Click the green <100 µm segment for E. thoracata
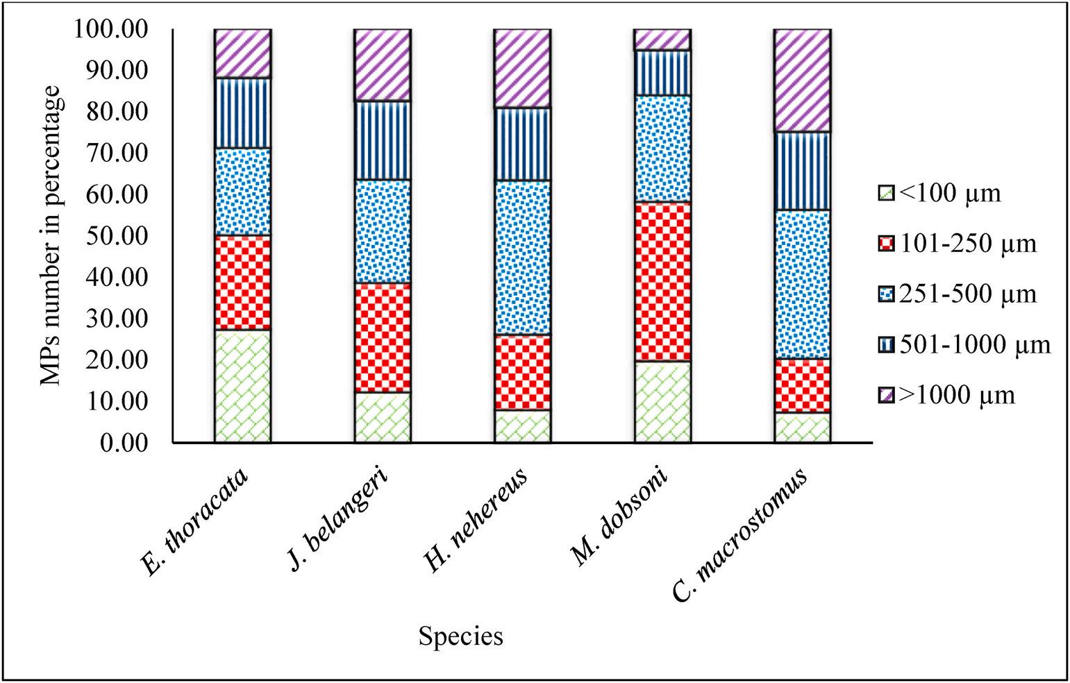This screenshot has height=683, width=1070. click(242, 385)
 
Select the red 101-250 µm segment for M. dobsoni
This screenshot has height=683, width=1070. click(662, 281)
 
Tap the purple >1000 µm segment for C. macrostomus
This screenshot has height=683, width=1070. click(803, 81)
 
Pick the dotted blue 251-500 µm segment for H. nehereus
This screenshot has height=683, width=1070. click(522, 258)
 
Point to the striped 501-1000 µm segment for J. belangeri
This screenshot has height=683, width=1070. click(382, 140)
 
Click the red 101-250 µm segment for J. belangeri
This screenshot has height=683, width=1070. click(382, 337)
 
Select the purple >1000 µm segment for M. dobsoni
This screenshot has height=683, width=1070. click(662, 40)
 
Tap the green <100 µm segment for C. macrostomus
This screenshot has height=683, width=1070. click(803, 427)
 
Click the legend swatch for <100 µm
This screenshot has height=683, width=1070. click(885, 193)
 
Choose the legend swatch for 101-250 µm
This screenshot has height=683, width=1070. click(885, 244)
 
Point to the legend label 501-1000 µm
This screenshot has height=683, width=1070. click(975, 344)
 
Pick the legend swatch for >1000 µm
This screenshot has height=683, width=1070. click(885, 395)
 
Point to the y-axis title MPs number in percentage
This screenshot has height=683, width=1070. click(53, 236)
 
